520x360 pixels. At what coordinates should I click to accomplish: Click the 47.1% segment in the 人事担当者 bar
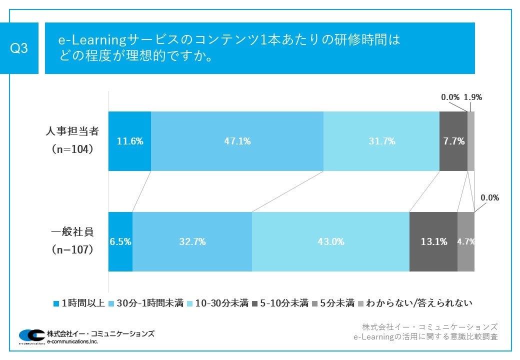pyautogui.click(x=237, y=141)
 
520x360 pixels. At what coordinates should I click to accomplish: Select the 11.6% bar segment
pyautogui.click(x=129, y=141)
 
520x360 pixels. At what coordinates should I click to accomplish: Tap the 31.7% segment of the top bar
pyautogui.click(x=381, y=141)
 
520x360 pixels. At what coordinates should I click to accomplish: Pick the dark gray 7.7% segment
pyautogui.click(x=453, y=141)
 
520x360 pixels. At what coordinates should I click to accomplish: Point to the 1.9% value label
pyautogui.click(x=473, y=97)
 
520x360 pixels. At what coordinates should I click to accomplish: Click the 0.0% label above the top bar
pyautogui.click(x=450, y=97)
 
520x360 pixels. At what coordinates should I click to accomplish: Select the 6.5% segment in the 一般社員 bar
pyautogui.click(x=120, y=242)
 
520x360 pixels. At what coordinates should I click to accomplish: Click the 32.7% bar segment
pyautogui.click(x=192, y=242)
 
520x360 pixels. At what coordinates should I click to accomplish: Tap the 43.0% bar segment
pyautogui.click(x=330, y=242)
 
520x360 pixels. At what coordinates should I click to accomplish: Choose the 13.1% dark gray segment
pyautogui.click(x=433, y=242)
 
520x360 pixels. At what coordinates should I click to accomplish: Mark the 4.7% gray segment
pyautogui.click(x=465, y=242)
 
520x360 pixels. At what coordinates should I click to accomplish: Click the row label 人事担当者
pyautogui.click(x=73, y=132)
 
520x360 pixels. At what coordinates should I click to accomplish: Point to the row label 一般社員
pyautogui.click(x=73, y=232)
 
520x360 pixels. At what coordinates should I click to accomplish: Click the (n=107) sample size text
pyautogui.click(x=73, y=250)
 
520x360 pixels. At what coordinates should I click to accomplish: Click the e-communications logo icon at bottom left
pyautogui.click(x=31, y=336)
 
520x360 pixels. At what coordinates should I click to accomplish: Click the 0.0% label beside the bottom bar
pyautogui.click(x=489, y=198)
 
